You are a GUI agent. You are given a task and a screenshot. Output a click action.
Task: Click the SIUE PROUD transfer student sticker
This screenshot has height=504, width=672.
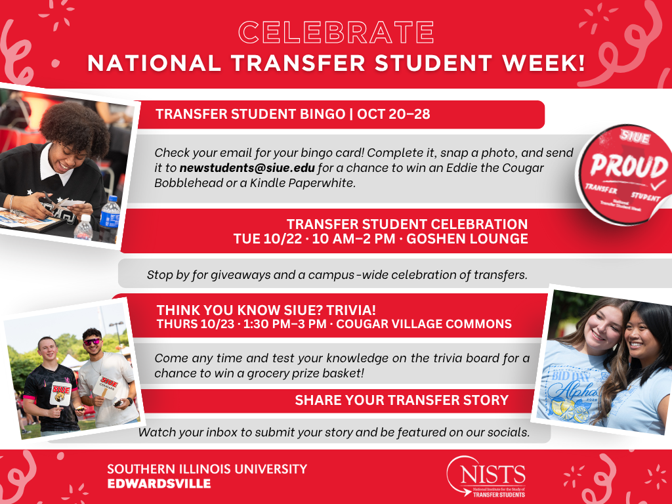(624, 173)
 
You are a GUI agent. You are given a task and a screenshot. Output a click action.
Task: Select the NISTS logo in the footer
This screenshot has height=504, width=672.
(486, 476)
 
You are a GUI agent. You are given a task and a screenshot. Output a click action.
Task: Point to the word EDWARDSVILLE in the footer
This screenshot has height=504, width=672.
(159, 484)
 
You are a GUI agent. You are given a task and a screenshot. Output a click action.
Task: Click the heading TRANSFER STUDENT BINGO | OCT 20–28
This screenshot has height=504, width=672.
(293, 114)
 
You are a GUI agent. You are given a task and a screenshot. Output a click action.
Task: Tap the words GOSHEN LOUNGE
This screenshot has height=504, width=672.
(467, 239)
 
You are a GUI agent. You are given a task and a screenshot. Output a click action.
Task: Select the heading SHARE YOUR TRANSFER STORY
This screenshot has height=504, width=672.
(402, 400)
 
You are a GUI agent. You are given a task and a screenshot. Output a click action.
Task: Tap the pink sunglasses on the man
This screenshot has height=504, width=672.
(92, 341)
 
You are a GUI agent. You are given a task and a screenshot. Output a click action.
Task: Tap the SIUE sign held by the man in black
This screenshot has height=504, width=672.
(61, 392)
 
